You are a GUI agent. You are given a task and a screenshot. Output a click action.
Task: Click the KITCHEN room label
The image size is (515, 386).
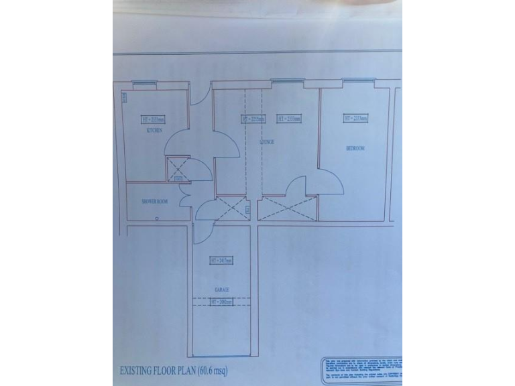[154, 131]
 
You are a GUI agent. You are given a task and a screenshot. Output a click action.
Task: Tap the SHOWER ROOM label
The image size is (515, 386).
[154, 202]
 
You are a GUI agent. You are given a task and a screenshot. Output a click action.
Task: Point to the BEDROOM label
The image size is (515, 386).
[354, 149]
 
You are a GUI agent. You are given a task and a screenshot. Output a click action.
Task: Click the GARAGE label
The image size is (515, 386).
[222, 289]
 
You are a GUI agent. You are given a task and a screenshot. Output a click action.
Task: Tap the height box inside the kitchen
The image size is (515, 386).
[154, 119]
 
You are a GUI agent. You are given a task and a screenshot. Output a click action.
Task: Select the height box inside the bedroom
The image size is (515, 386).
[355, 119]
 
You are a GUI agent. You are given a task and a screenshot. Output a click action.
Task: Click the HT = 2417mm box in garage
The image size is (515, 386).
[221, 261]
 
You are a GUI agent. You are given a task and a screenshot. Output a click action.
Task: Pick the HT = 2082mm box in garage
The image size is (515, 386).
[221, 302]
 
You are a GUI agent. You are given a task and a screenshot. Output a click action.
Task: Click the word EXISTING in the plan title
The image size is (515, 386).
[139, 370]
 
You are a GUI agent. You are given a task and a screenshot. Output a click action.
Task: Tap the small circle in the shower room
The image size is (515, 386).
[157, 219]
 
